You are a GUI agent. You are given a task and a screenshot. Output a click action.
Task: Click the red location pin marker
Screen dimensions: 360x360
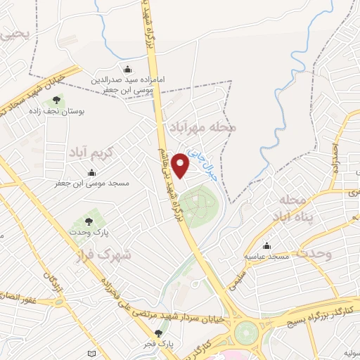pyautogui.click(x=181, y=165)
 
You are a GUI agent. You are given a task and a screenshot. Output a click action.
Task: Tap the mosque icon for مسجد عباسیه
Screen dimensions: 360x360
pyautogui.click(x=266, y=246)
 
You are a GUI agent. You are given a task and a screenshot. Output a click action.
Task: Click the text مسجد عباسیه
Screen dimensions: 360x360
pyautogui.click(x=266, y=257)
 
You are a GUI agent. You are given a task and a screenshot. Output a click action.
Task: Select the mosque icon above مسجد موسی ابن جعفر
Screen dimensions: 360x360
pyautogui.click(x=92, y=173)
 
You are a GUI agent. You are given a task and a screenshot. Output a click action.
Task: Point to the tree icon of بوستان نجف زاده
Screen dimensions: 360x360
pyautogui.click(x=56, y=100)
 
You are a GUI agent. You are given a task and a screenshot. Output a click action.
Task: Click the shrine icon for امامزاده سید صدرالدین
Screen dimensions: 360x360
pyautogui.click(x=127, y=69)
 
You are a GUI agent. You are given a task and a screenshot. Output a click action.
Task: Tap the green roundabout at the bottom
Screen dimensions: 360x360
pyautogui.click(x=246, y=331)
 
